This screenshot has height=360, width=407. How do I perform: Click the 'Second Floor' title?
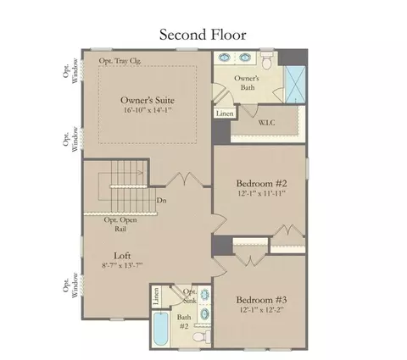click(x=203, y=35)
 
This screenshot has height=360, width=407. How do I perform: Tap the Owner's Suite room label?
click(x=148, y=100)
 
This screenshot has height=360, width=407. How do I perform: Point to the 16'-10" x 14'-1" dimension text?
click(x=148, y=110)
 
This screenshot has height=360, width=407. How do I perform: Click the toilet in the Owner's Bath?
click(x=266, y=59)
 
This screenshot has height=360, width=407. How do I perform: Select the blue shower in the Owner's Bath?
click(x=295, y=85)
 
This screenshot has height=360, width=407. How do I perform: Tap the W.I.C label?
click(x=266, y=123)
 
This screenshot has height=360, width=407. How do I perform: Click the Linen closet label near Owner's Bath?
click(x=225, y=114)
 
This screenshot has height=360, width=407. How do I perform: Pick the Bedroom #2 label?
click(x=261, y=183)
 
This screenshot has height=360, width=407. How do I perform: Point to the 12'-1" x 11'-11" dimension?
click(x=261, y=193)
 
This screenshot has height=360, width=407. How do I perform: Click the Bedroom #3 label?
click(x=261, y=300)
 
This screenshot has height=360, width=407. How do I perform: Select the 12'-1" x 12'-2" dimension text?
click(x=261, y=310)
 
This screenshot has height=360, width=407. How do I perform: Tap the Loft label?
click(x=122, y=256)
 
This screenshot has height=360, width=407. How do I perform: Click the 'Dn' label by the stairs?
click(x=161, y=200)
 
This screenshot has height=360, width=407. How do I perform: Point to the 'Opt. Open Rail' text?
click(x=120, y=224)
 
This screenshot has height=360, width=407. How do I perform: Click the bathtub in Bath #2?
click(x=161, y=329)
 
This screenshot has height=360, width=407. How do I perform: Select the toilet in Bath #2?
click(x=202, y=336)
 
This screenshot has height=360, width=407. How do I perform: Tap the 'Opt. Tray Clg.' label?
click(x=120, y=61)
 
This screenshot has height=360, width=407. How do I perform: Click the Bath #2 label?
click(x=184, y=322)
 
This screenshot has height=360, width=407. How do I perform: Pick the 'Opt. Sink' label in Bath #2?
click(x=190, y=296)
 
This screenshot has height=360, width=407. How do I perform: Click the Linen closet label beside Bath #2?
click(x=156, y=296)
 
